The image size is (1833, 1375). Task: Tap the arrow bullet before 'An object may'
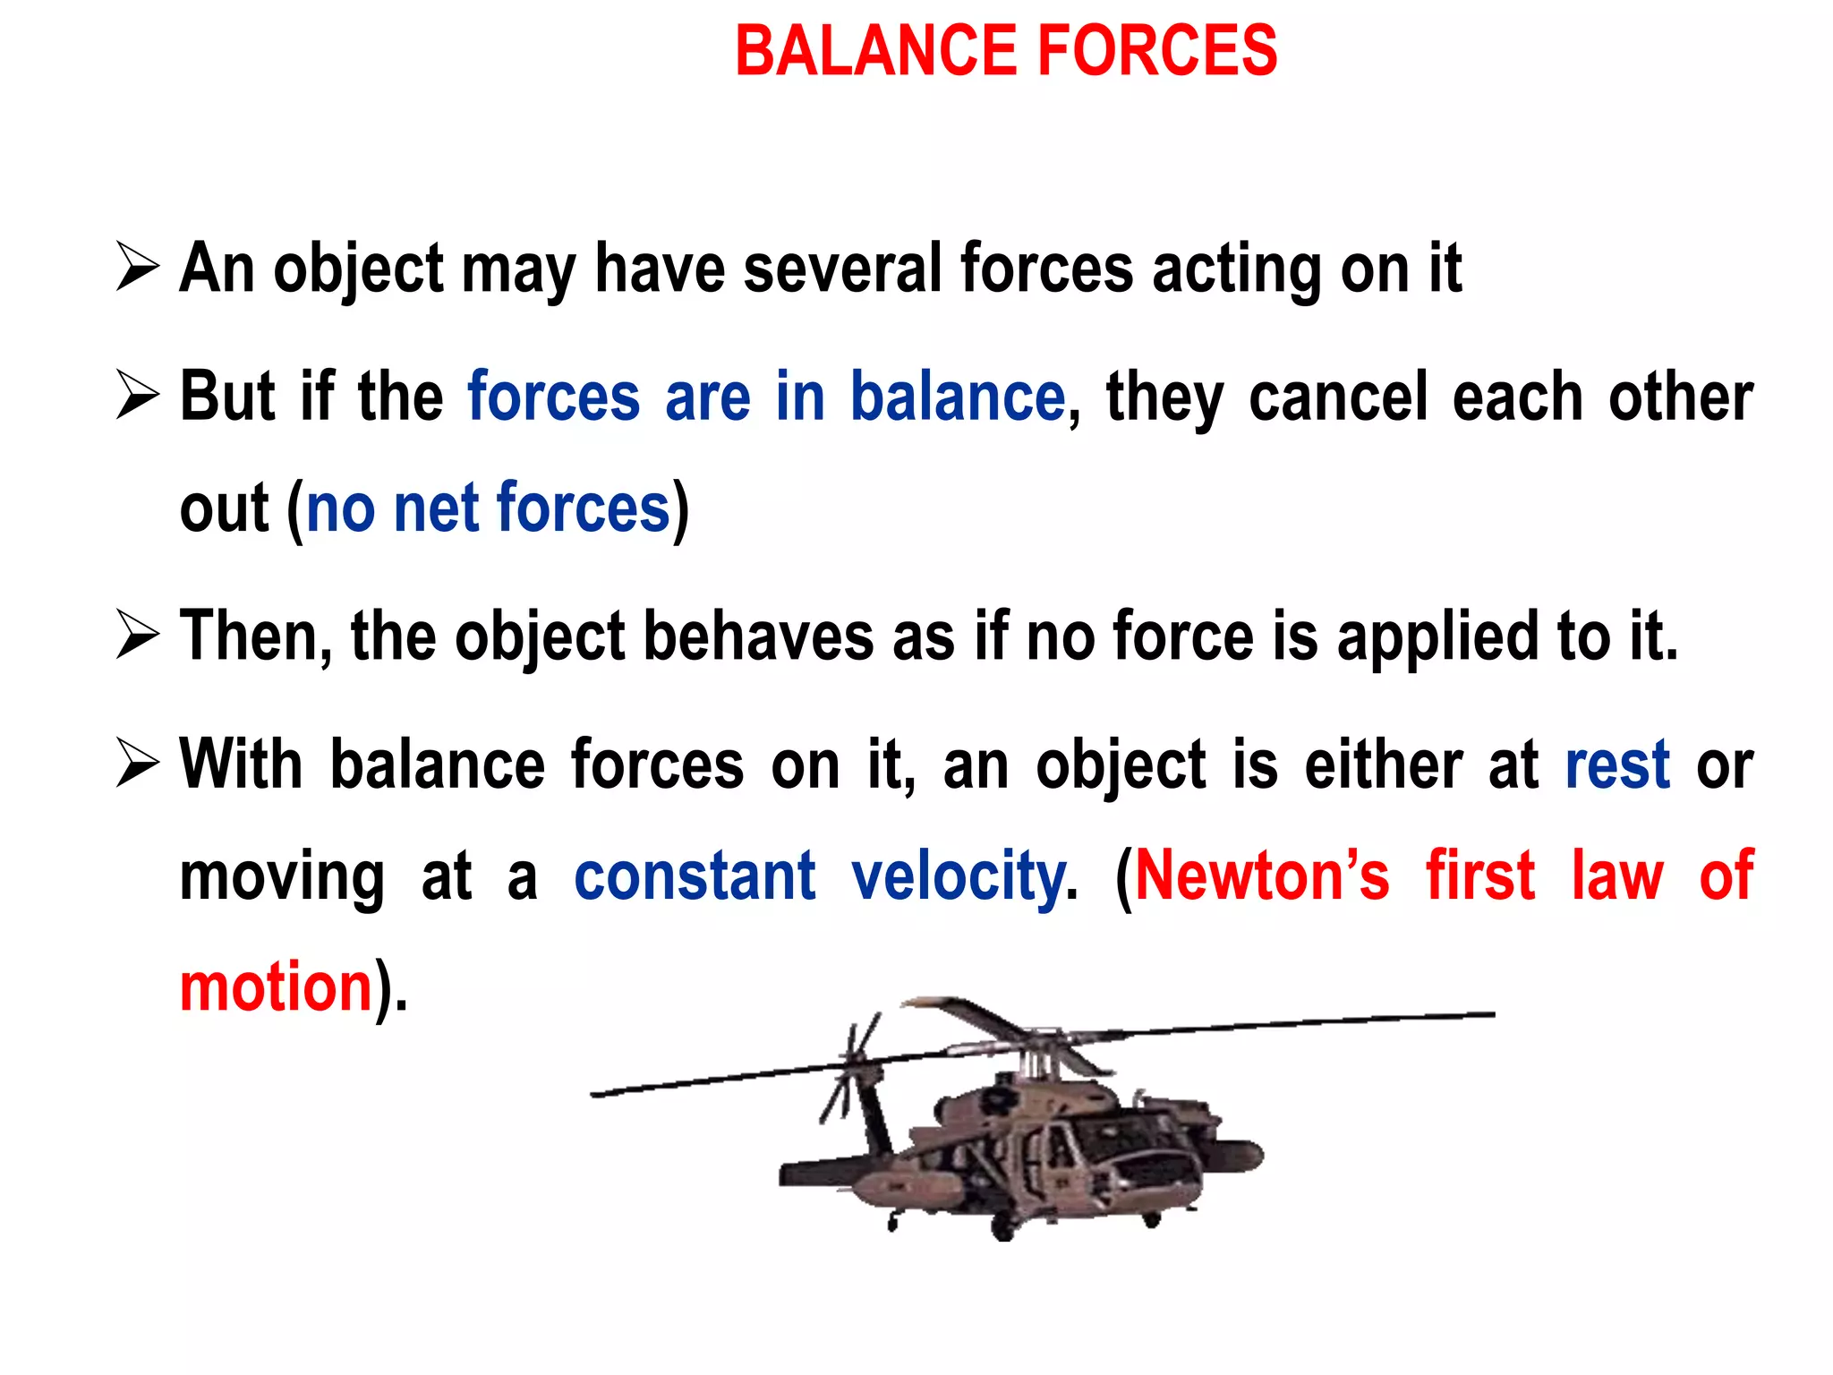click(138, 268)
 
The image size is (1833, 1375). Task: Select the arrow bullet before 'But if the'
click(138, 397)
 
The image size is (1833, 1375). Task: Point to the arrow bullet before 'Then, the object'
click(138, 636)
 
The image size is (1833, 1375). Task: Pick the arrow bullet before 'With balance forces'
click(138, 765)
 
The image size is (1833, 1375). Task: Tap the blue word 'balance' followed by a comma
click(957, 397)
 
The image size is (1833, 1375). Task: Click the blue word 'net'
click(437, 508)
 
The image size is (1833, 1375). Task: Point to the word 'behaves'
click(758, 636)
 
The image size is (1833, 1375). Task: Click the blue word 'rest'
click(1617, 765)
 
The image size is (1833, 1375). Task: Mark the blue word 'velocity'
click(958, 877)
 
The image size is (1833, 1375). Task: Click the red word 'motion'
click(276, 986)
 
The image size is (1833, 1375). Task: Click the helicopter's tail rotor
click(847, 1070)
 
